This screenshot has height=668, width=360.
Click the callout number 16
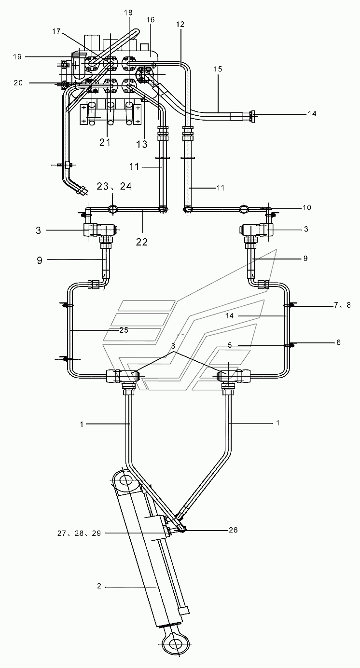point(151,20)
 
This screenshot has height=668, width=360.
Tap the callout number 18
point(128,13)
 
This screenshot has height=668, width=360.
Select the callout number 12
point(180,24)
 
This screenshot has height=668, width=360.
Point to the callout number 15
point(218,69)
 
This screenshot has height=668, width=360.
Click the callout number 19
point(17,56)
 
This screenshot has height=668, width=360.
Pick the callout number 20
point(18,82)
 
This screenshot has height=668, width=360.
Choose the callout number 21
point(105,143)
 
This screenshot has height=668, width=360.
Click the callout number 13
point(142,144)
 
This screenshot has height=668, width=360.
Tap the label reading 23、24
point(114,186)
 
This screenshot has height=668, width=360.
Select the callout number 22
point(142,242)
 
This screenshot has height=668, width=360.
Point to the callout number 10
point(307,207)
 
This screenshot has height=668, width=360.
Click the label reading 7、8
point(343,305)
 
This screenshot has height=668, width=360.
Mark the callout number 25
point(124,330)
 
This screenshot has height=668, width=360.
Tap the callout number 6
point(338,342)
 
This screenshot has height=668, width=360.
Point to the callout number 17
point(56,31)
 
